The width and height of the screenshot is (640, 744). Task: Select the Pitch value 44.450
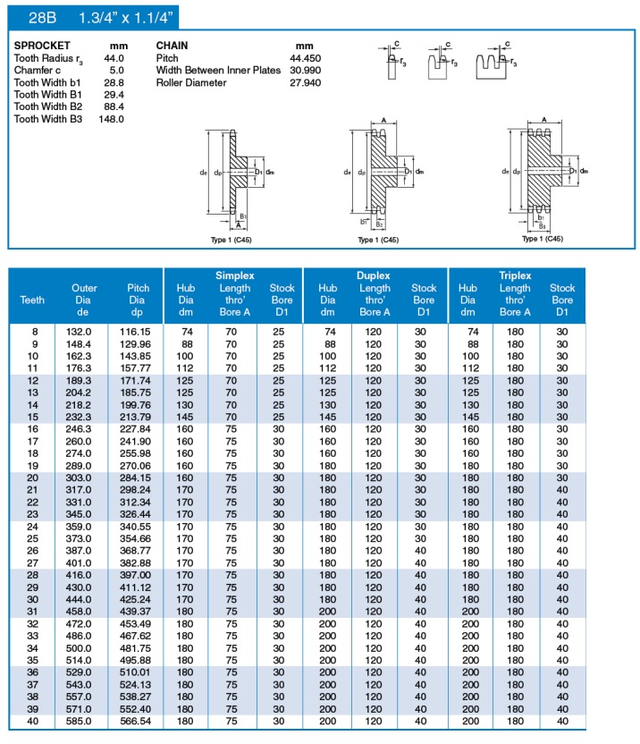click(304, 57)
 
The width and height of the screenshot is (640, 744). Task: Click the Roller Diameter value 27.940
click(304, 82)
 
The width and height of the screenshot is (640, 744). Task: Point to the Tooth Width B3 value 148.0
click(111, 119)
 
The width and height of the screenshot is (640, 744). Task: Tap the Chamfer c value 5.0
click(116, 70)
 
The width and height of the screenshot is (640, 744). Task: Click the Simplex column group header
click(234, 276)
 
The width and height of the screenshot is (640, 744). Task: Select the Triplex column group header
click(515, 276)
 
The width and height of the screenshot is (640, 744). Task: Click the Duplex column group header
click(374, 276)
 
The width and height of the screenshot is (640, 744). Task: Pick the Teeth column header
click(32, 300)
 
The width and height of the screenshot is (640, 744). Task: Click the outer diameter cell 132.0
click(84, 331)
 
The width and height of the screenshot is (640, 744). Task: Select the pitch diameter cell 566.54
click(139, 721)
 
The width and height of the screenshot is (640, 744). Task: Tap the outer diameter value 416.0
click(84, 574)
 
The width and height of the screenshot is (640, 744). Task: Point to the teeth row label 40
click(34, 721)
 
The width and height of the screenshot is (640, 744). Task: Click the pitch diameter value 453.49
click(139, 623)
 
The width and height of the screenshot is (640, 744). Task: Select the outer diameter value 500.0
click(84, 647)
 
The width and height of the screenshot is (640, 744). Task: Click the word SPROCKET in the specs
click(42, 45)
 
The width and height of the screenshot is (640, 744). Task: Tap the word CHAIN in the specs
click(173, 45)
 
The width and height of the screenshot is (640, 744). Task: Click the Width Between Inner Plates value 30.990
click(304, 70)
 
